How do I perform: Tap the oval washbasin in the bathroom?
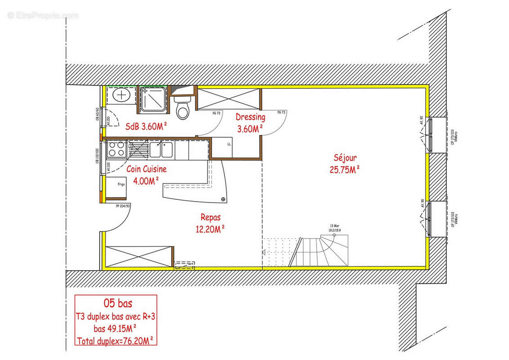121,95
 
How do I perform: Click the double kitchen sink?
161,150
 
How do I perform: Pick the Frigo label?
121,184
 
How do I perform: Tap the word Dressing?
250,117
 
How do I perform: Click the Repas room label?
210,217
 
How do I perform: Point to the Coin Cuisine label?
146,169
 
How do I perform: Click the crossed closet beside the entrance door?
138,256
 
